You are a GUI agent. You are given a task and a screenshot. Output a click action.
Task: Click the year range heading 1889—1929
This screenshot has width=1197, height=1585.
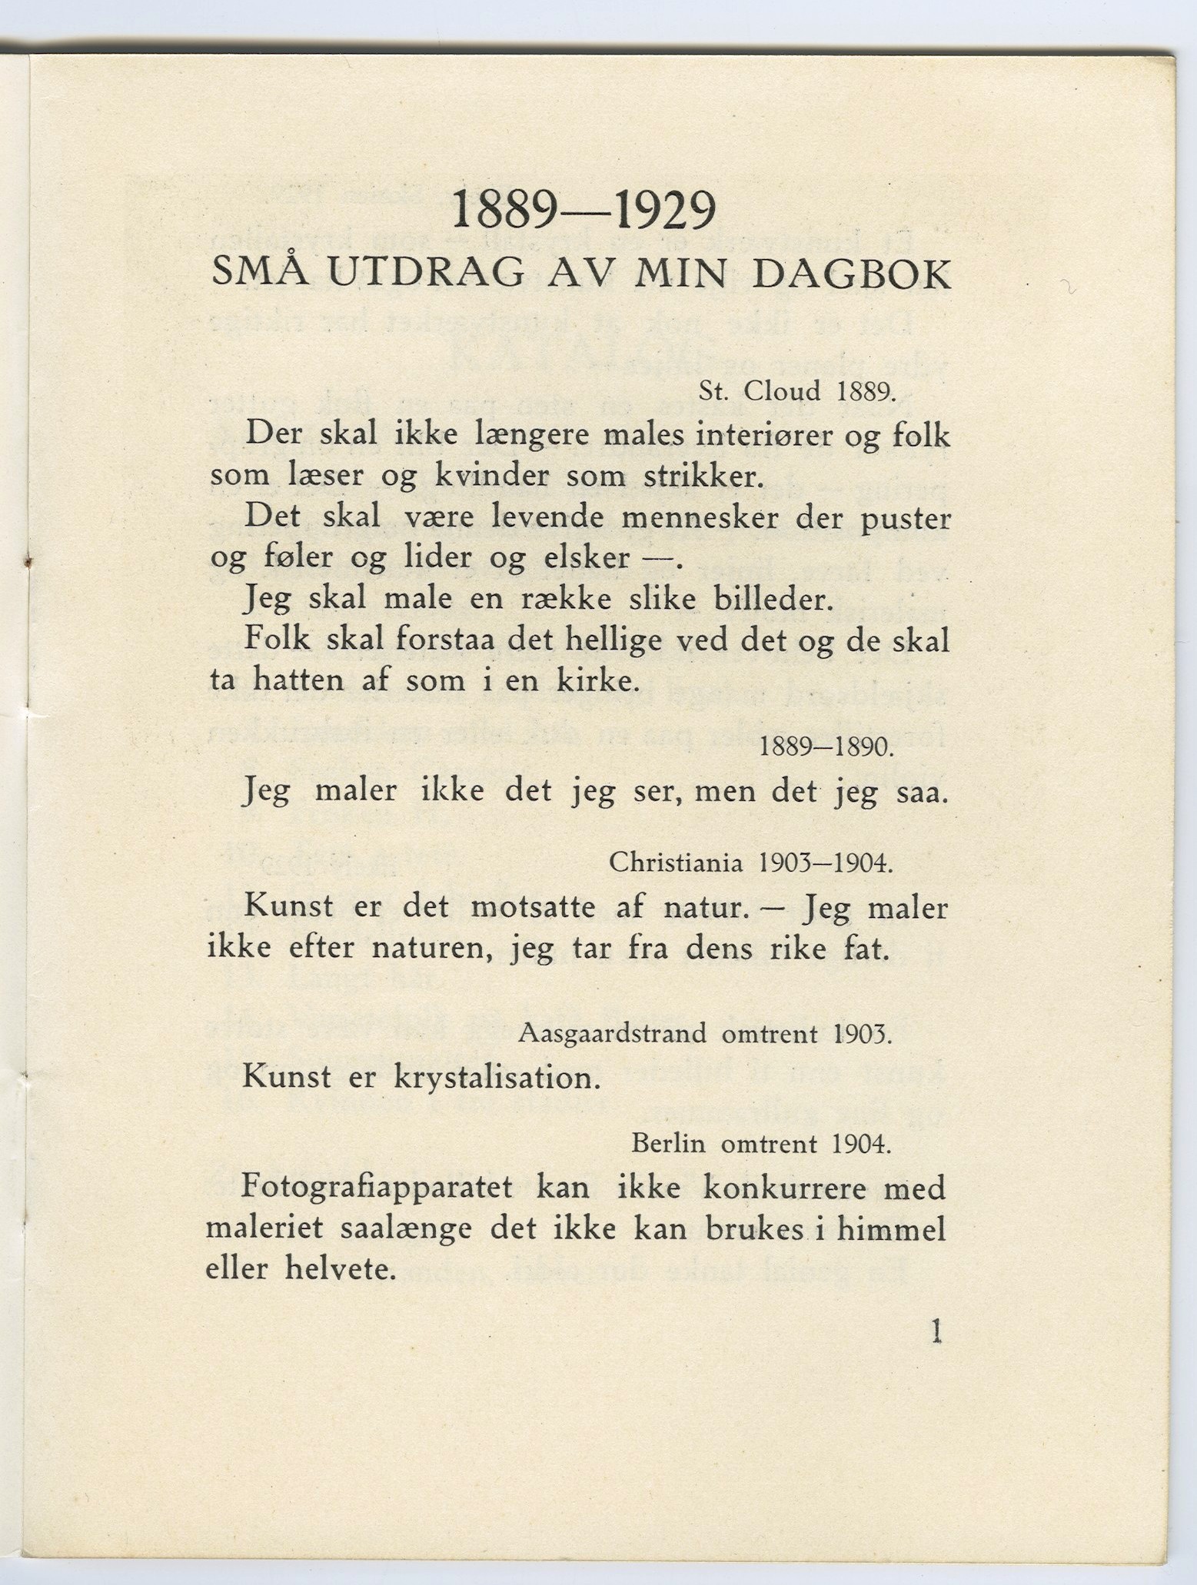pos(584,211)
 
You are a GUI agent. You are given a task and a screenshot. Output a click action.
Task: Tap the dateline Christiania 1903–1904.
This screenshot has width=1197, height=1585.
pos(751,864)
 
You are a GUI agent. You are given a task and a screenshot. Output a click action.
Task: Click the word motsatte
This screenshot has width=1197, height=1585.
pos(532,907)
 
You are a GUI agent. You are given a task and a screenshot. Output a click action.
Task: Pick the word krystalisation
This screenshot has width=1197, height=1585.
pos(497,1078)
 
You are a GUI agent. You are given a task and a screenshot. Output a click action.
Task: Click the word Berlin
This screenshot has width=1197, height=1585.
pos(668,1145)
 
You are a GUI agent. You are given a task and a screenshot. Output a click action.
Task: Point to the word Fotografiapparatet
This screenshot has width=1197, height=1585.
pos(377,1188)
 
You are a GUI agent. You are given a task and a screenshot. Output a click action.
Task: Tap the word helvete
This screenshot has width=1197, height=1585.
pos(341,1268)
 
